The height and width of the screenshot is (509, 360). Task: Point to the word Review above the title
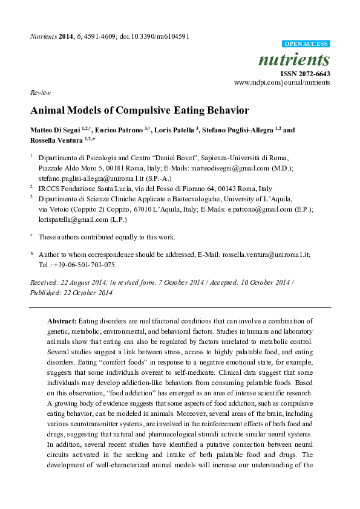click(39, 92)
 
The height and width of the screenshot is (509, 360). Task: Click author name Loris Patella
click(170, 130)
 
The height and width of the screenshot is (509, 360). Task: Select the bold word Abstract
click(62, 321)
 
